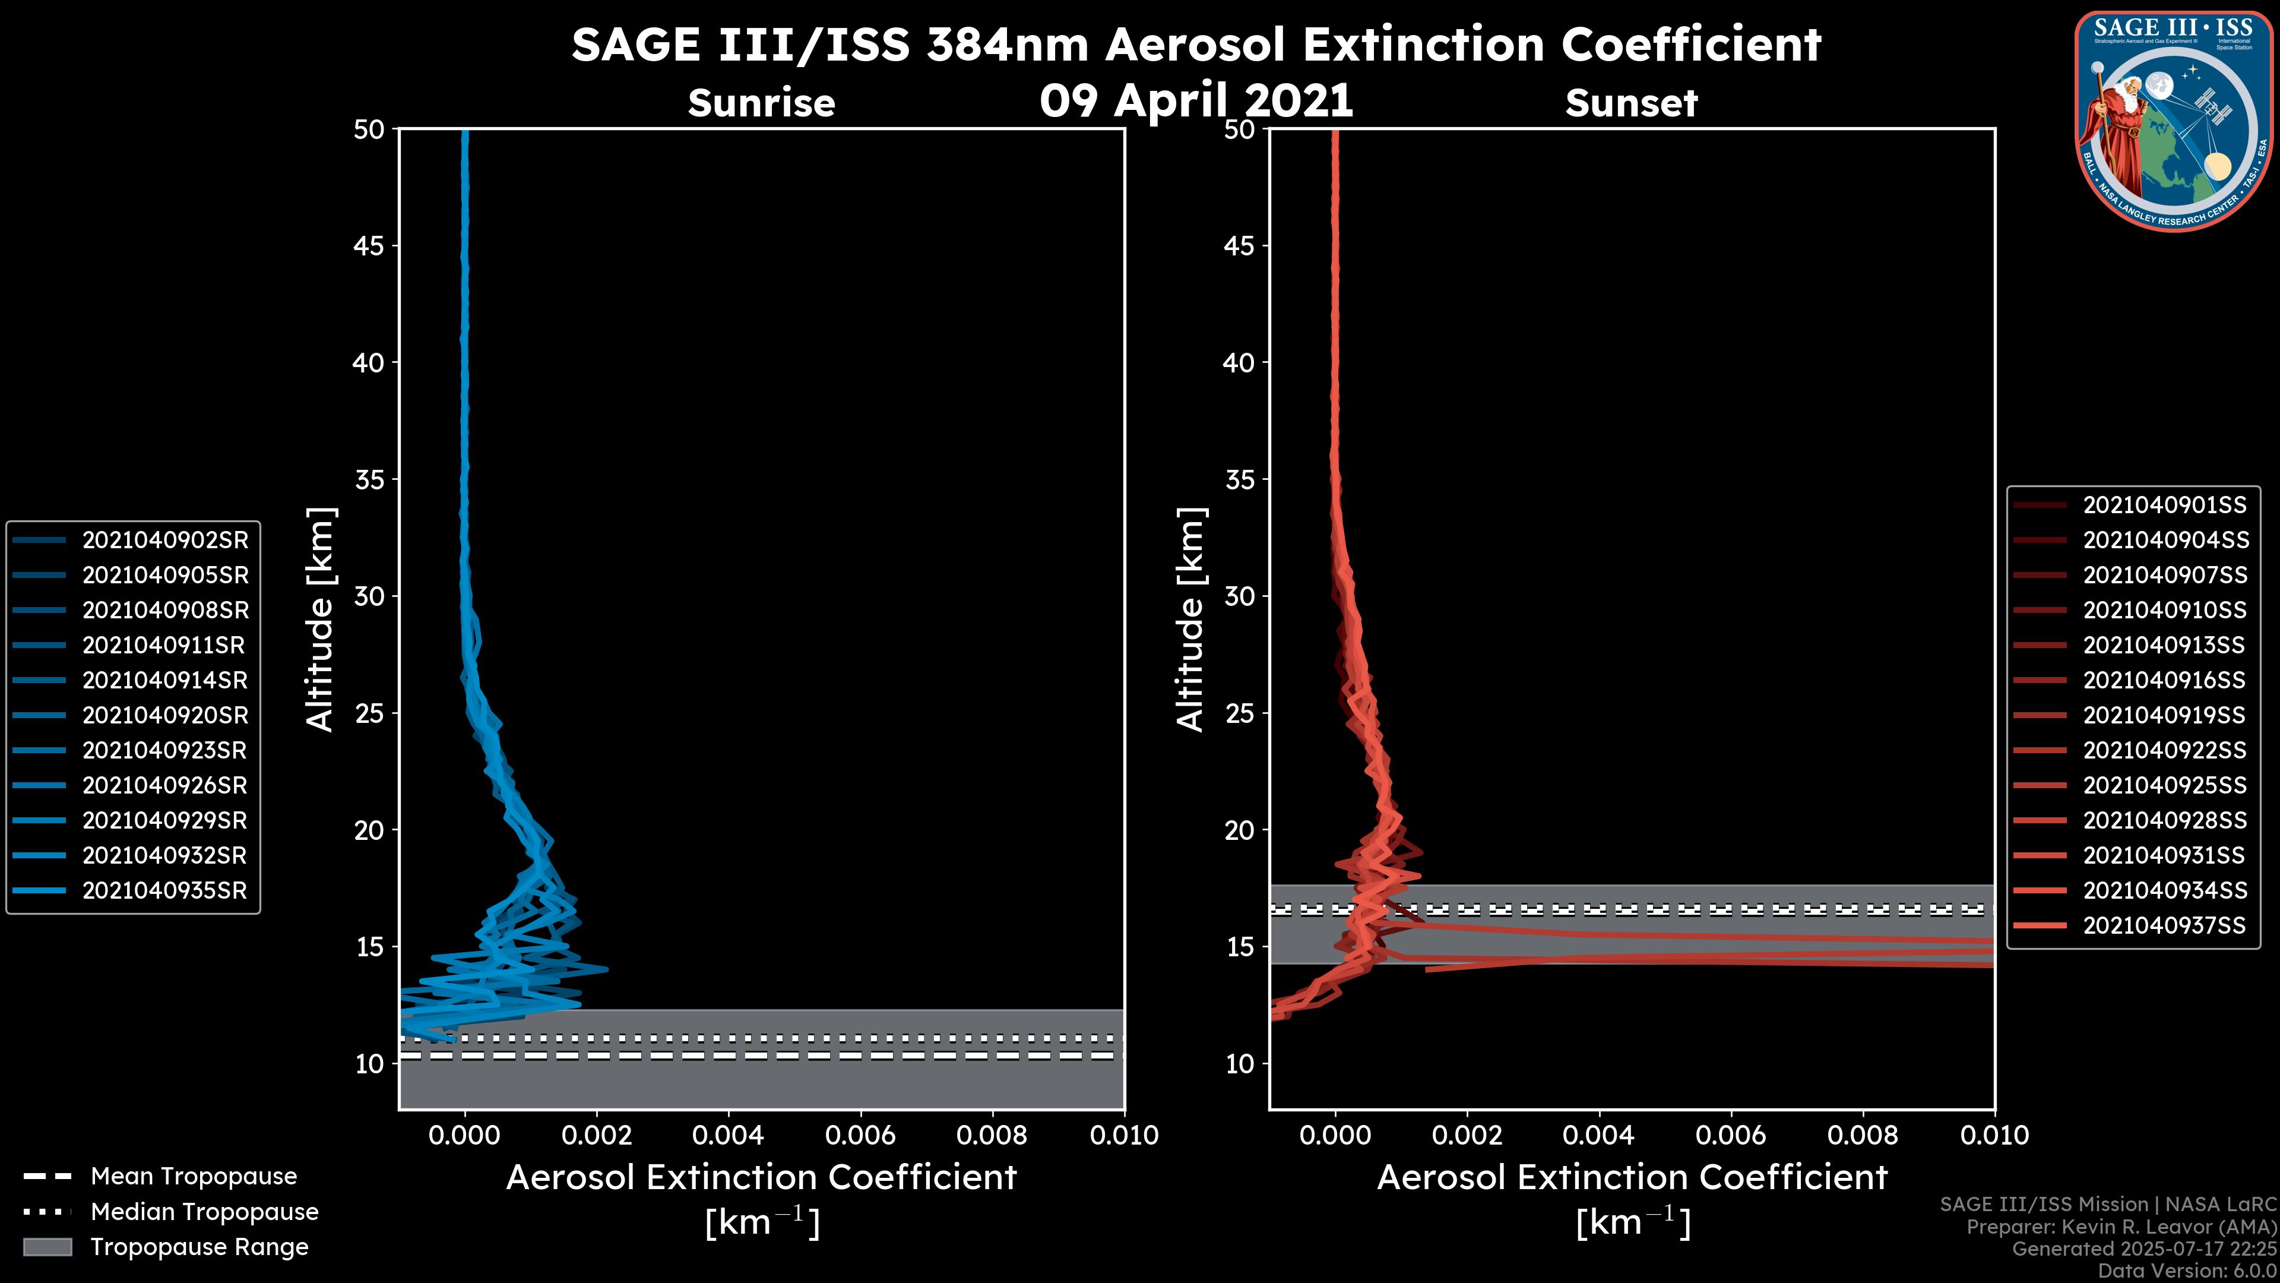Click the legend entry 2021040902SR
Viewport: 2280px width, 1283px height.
(x=164, y=540)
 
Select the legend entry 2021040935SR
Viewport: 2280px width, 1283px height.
(x=164, y=891)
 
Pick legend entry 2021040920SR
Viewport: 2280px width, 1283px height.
(x=164, y=715)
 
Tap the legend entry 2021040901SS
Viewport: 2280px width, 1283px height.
(x=2164, y=505)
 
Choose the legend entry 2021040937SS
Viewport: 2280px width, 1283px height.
(x=2164, y=926)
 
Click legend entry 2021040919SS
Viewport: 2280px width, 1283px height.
(x=2164, y=715)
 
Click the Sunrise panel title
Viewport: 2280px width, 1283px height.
(x=761, y=103)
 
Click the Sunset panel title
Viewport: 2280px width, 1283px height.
(x=1631, y=103)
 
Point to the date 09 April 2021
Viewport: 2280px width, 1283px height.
(x=1196, y=100)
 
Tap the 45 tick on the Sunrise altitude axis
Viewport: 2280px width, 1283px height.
(x=369, y=246)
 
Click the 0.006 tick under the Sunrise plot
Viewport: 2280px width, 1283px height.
(x=860, y=1135)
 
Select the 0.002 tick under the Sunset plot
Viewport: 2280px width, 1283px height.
(x=1467, y=1135)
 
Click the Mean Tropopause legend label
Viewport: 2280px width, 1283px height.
(x=194, y=1177)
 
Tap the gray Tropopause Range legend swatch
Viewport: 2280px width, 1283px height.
(x=47, y=1247)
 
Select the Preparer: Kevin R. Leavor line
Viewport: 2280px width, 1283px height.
(x=2121, y=1227)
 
